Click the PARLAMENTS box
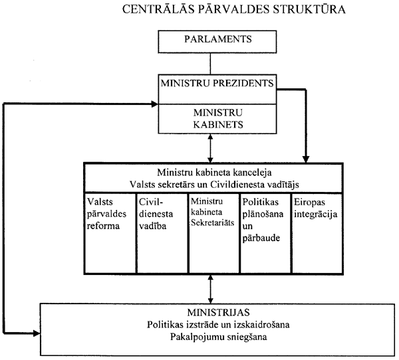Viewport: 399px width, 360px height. click(210, 42)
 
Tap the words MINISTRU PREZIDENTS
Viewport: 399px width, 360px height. click(210, 84)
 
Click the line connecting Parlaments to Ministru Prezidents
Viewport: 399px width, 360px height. click(210, 64)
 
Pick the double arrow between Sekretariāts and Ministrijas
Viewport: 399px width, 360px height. click(210, 289)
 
